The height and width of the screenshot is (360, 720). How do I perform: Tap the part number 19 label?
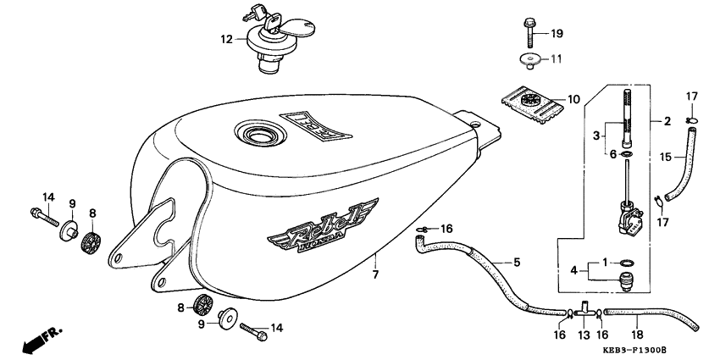pyautogui.click(x=557, y=34)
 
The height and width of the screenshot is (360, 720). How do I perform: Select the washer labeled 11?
pyautogui.click(x=528, y=61)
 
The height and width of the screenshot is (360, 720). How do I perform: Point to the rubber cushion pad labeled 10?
pyautogui.click(x=531, y=107)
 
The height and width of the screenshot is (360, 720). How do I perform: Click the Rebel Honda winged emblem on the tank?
pyautogui.click(x=324, y=227)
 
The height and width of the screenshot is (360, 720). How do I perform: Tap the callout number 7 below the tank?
pyautogui.click(x=375, y=275)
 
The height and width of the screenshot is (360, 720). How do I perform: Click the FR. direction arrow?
pyautogui.click(x=41, y=338)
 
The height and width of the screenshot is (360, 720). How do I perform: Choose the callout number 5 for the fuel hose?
pyautogui.click(x=517, y=263)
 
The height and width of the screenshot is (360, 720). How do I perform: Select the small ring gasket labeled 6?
pyautogui.click(x=626, y=154)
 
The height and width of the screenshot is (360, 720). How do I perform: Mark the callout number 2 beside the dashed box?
pyautogui.click(x=667, y=121)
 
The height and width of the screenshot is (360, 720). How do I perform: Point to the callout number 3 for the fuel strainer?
pyautogui.click(x=596, y=135)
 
